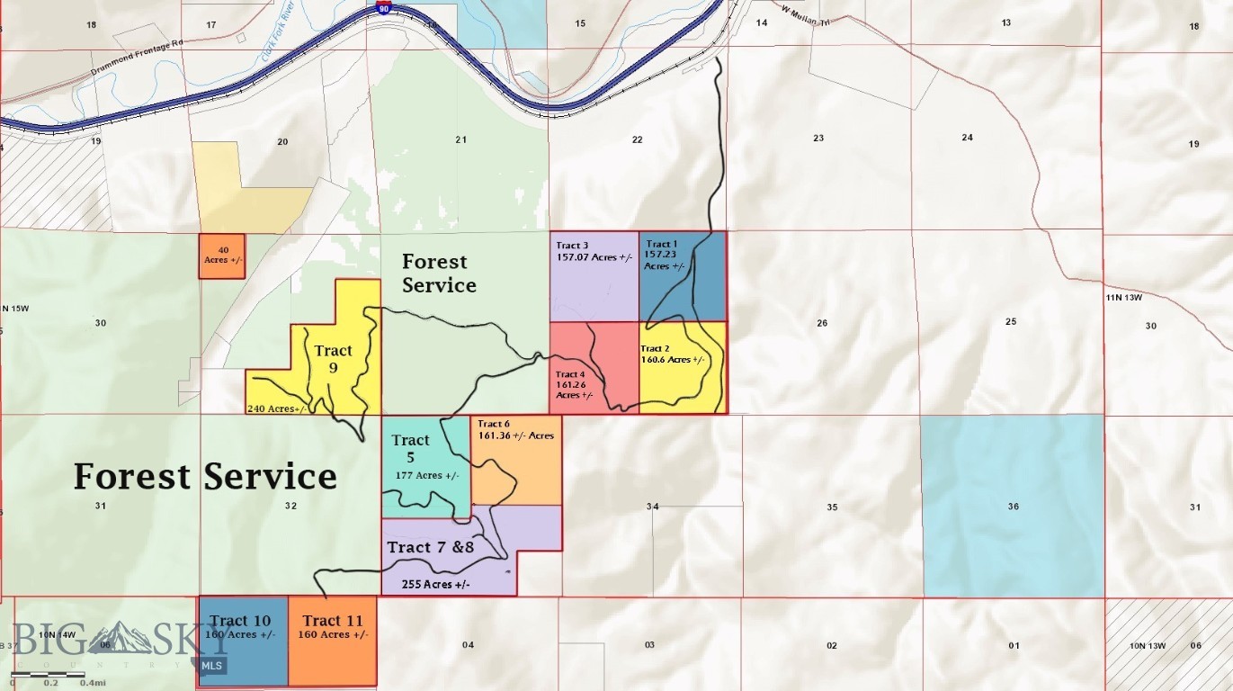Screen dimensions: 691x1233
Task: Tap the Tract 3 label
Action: pyautogui.click(x=573, y=246)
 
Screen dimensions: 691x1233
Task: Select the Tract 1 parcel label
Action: pyautogui.click(x=661, y=245)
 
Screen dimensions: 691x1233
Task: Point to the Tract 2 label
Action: pyautogui.click(x=656, y=349)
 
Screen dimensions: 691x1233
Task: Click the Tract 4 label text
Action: pyautogui.click(x=570, y=374)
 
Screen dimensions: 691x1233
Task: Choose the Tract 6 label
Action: pyautogui.click(x=495, y=424)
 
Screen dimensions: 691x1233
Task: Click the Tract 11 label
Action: pyautogui.click(x=333, y=621)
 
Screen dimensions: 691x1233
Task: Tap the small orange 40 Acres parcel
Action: pyautogui.click(x=222, y=256)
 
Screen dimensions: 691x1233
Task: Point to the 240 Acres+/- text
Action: pyautogui.click(x=277, y=408)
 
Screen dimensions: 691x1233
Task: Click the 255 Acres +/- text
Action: pyautogui.click(x=436, y=584)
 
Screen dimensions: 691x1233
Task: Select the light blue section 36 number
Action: pyautogui.click(x=1014, y=507)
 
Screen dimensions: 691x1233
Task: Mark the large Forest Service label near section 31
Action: pyautogui.click(x=205, y=476)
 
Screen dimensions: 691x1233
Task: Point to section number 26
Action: pyautogui.click(x=822, y=323)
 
